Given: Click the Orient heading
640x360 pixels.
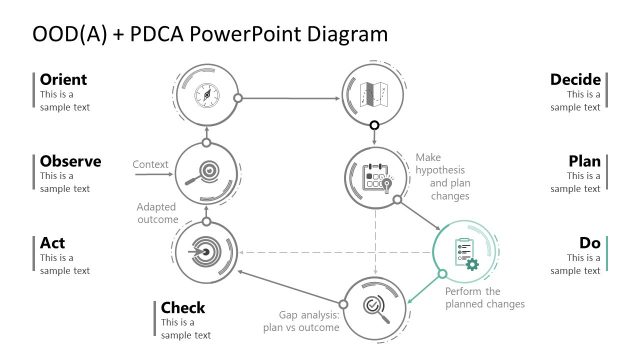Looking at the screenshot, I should pos(63,79).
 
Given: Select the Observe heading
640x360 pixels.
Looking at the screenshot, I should pos(71,161).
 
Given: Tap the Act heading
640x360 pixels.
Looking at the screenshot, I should pos(53,243).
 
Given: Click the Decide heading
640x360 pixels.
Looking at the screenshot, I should pos(575,79).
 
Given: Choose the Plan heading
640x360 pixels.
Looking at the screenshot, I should pos(584,161).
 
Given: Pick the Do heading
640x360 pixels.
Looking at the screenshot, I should pos(590,243).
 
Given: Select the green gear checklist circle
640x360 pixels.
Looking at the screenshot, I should pos(464,253).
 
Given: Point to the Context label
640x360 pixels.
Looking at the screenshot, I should pos(150,164).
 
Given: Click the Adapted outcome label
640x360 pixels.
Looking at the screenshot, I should pos(157,213).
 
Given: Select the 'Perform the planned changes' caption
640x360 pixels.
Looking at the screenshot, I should pos(485,297).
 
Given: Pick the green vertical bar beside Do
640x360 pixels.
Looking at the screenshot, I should pos(607,253).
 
